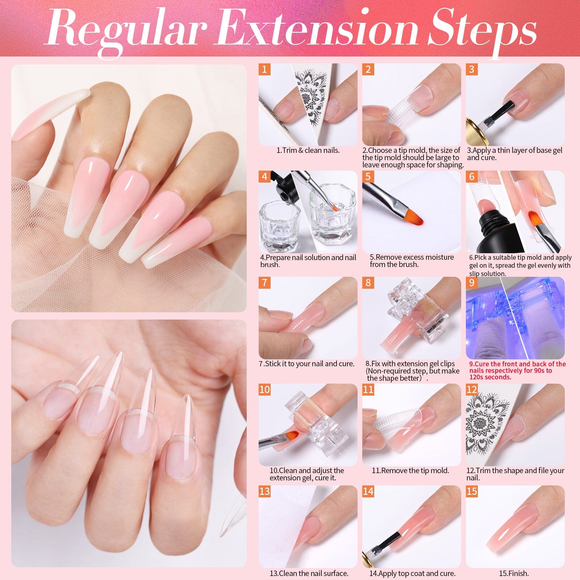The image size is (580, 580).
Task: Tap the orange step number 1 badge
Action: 264,69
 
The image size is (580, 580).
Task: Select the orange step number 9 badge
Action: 471,282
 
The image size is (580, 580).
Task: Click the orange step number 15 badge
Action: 472,491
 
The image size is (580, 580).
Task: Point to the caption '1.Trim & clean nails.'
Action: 308,150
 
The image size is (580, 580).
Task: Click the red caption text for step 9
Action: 517,370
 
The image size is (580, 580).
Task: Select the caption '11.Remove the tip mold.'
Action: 410,471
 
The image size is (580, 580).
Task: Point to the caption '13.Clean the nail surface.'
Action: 309,573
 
